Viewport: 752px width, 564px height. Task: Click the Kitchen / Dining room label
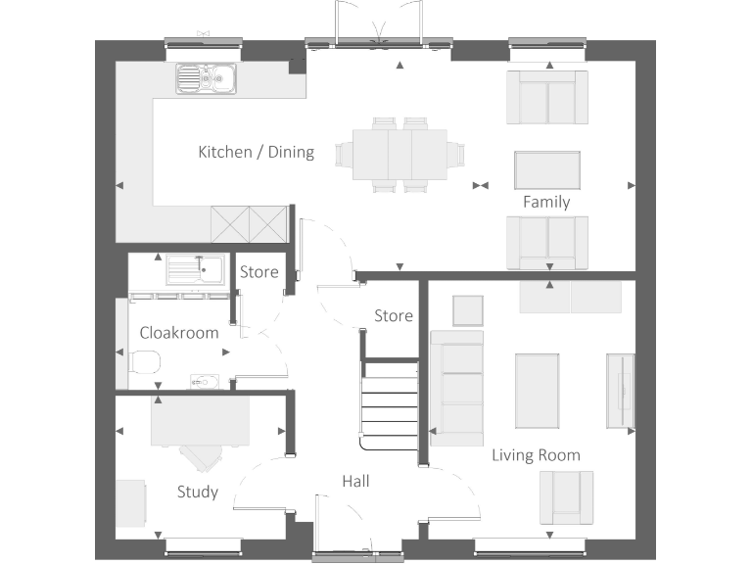coord(256,152)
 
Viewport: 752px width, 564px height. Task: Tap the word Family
coord(546,202)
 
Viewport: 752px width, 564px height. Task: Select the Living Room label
coord(536,454)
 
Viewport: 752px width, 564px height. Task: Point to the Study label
coord(197,492)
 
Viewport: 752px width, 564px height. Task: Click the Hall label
coord(355,481)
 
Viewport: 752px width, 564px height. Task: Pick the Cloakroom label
coord(179,332)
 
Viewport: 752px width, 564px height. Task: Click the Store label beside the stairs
coord(394,315)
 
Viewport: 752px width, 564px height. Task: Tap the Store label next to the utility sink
coord(259,272)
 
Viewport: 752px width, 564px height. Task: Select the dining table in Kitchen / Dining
coord(399,154)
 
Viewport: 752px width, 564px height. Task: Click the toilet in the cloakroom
coord(145,365)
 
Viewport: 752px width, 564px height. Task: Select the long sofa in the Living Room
coord(457,389)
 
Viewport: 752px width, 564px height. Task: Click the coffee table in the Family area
coord(547,170)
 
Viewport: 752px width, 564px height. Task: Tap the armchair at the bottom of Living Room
coord(565,496)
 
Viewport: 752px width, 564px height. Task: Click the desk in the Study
coord(200,422)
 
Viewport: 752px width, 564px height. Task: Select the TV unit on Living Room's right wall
coord(621,390)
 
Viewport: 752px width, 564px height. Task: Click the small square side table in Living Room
coord(467,310)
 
